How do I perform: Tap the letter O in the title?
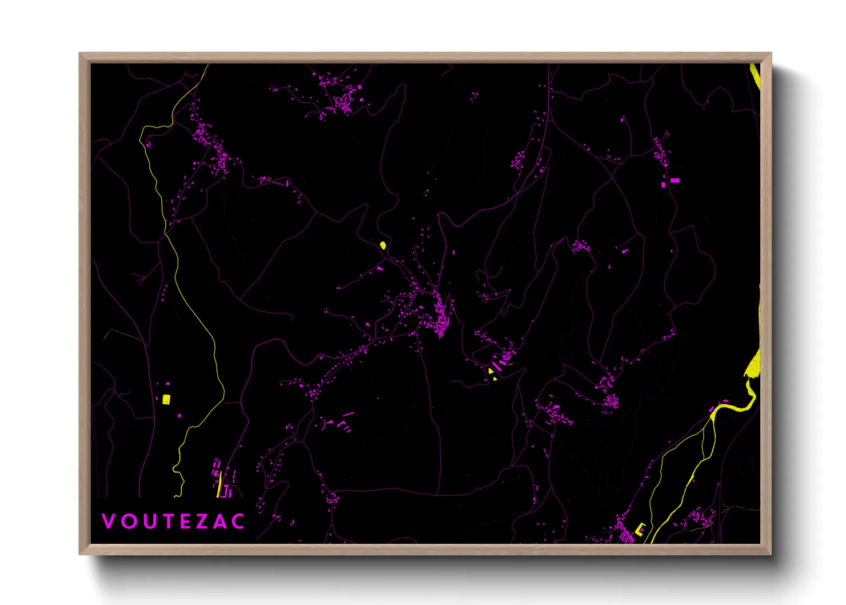(127, 521)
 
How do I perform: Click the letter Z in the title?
(202, 521)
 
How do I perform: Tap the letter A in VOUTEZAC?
(220, 521)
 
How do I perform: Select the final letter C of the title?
(239, 521)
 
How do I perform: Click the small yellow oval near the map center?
(382, 245)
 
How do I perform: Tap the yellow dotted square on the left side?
(166, 399)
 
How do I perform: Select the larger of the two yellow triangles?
(490, 372)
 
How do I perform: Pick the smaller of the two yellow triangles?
(494, 379)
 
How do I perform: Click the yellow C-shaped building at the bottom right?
(640, 529)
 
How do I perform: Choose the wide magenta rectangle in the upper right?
(675, 180)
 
